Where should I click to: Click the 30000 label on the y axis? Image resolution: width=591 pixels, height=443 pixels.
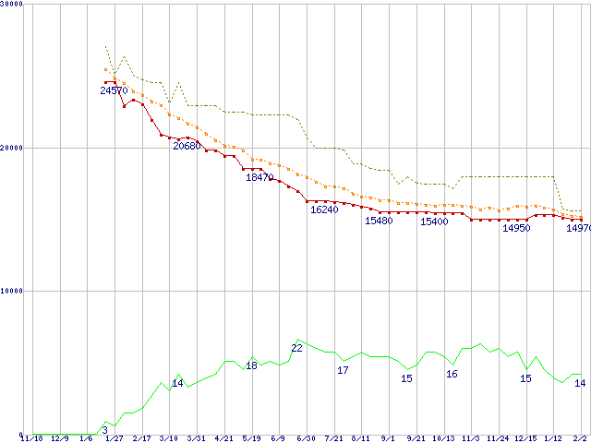(12, 5)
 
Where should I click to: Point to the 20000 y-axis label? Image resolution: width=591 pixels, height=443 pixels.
(12, 148)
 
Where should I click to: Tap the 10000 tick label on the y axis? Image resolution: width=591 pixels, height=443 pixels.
(12, 291)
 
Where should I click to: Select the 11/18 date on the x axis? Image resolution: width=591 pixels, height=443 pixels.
(32, 438)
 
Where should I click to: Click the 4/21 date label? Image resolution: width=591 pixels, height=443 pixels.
(223, 438)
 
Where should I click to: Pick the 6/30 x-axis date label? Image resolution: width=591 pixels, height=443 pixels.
(307, 438)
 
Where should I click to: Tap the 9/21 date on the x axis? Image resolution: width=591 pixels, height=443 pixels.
(416, 438)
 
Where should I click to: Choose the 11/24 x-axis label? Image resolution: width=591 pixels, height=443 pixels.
(499, 438)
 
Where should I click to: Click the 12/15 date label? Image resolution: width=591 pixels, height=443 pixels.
(525, 438)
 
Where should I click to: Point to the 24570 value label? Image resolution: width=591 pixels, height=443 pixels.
(115, 90)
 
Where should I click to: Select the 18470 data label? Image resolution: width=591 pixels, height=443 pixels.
(259, 177)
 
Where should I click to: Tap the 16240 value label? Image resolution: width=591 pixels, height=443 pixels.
(324, 210)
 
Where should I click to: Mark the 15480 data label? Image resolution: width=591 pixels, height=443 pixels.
(379, 221)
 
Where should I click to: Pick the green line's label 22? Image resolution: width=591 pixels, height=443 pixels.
(297, 348)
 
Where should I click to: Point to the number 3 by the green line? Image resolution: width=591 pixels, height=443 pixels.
(105, 430)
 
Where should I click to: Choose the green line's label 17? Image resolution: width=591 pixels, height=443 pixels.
(343, 370)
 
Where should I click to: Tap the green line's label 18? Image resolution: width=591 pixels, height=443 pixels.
(251, 366)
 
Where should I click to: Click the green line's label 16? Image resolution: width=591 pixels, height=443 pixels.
(452, 374)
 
